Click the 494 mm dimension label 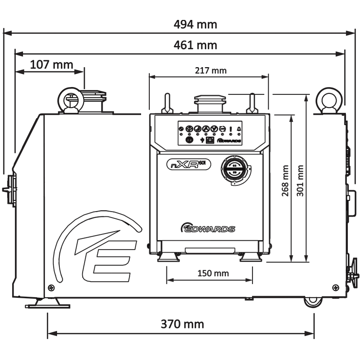tap(196, 24)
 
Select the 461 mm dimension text tap(196, 46)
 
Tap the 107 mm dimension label tap(52, 64)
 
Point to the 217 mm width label tap(211, 71)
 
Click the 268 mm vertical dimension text tap(285, 180)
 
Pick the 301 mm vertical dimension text tap(300, 180)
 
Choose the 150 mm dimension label tap(213, 273)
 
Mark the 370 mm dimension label tap(182, 324)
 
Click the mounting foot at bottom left tap(47, 304)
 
